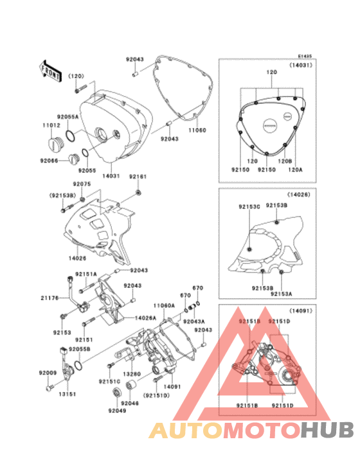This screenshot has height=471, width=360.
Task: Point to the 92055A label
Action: pos(67,116)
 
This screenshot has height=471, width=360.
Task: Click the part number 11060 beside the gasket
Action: pos(197,129)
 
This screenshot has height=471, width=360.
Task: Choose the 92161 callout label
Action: pos(138,176)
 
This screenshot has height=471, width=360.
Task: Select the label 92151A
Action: pos(85,274)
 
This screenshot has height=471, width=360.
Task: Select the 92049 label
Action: pos(117,411)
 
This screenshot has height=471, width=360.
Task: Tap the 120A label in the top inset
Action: pos(295,170)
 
